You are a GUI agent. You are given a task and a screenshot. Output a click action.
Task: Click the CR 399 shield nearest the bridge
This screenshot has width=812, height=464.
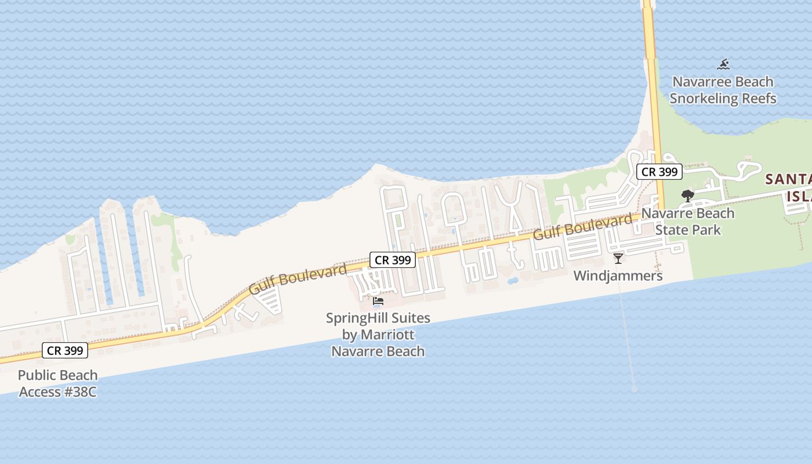(659, 172)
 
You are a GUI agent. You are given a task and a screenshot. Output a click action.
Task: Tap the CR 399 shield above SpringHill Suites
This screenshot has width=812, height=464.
(393, 260)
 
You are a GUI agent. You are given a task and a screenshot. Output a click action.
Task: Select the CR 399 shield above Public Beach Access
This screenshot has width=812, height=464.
(65, 350)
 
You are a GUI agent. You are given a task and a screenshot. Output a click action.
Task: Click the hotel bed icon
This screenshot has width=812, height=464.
(378, 301)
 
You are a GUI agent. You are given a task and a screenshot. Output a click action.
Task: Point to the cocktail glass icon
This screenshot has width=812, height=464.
(618, 258)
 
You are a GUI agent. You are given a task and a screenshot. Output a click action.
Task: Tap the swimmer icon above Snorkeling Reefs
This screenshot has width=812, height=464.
(723, 64)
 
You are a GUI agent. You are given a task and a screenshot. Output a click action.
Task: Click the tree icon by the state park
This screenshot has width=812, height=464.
(688, 195)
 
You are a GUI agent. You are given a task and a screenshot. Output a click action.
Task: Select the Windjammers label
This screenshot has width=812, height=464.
(618, 276)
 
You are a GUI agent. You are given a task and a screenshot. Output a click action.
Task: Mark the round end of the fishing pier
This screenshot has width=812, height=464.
(634, 389)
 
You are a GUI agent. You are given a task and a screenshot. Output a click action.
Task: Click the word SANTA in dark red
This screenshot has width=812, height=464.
(788, 179)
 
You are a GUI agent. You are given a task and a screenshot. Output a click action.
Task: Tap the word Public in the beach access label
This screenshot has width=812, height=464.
(38, 375)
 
